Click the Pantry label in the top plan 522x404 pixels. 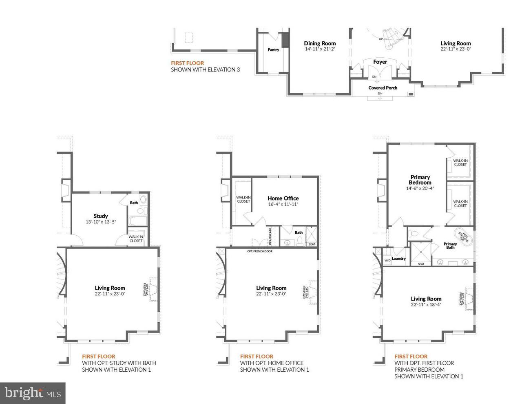tap(273, 50)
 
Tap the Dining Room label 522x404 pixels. tap(320, 43)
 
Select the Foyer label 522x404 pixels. tap(380, 62)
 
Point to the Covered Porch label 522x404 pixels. tap(383, 88)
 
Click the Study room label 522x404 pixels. tap(100, 216)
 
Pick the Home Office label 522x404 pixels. tap(283, 198)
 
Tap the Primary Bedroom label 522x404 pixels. tap(420, 180)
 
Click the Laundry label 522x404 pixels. tap(399, 259)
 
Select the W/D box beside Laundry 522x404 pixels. tap(387, 260)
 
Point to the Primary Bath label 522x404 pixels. tap(450, 246)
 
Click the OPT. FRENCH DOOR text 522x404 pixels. tap(260, 251)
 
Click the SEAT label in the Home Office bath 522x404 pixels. tap(312, 244)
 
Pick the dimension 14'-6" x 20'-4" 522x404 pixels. tap(420, 189)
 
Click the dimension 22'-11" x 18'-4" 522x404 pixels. tap(426, 304)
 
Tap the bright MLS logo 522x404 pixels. tap(33, 393)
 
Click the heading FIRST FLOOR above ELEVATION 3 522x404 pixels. tap(187, 63)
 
